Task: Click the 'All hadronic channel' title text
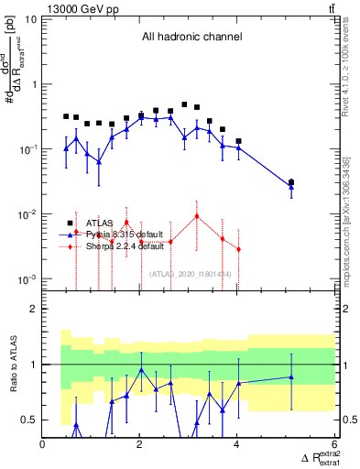(x=191, y=38)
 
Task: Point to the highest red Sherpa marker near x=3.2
(x=197, y=216)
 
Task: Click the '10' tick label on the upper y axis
(x=30, y=19)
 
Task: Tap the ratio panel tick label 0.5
(x=29, y=420)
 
